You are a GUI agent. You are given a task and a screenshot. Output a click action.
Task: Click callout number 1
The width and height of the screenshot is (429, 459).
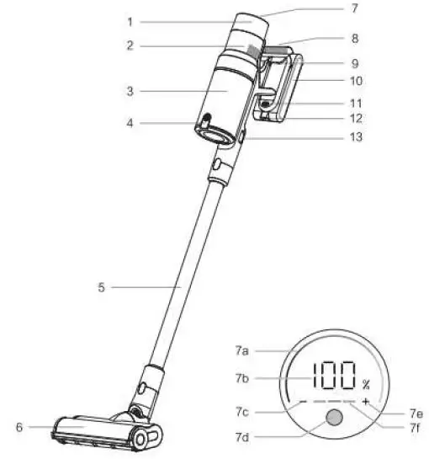click(x=130, y=21)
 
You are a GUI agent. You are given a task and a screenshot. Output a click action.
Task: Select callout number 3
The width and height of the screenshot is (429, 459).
click(x=130, y=89)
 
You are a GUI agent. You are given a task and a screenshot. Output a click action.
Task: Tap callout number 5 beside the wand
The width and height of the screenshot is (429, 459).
click(x=101, y=287)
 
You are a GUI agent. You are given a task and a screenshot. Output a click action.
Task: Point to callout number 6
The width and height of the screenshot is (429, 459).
click(x=19, y=427)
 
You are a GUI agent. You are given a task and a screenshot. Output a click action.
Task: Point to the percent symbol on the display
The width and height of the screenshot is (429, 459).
click(x=366, y=383)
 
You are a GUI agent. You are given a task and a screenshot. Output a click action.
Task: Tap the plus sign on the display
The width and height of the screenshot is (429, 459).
click(x=366, y=403)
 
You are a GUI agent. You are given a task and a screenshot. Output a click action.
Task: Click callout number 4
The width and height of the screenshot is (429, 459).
click(x=130, y=123)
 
